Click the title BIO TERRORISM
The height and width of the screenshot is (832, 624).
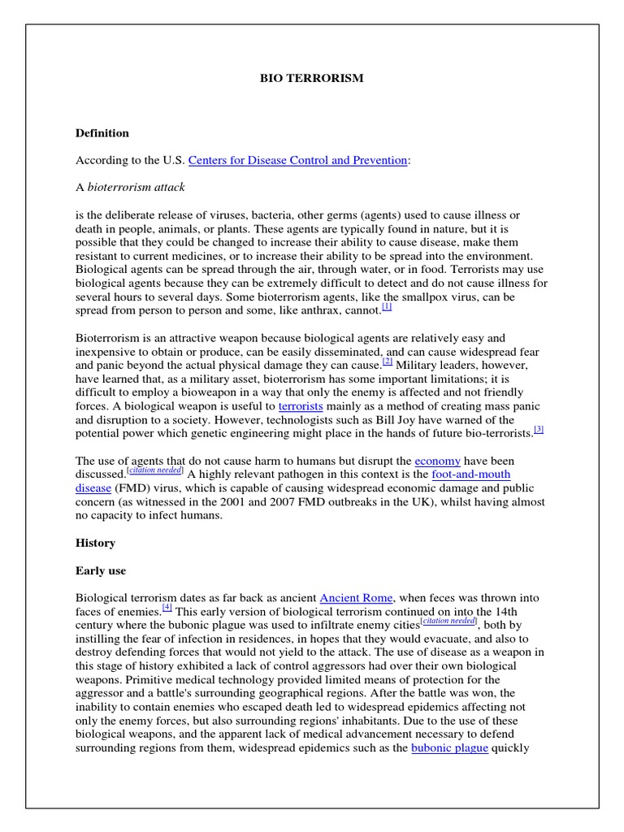[312, 79]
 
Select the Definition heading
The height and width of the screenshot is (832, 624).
[102, 133]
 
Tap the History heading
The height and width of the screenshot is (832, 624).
[95, 543]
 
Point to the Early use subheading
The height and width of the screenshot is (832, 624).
[101, 570]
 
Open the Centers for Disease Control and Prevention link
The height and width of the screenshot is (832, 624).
[297, 161]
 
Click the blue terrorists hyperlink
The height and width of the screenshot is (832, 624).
[301, 405]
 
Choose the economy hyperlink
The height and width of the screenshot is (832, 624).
[437, 460]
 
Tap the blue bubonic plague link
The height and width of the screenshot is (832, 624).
[449, 748]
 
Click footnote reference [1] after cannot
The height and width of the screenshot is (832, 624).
[387, 307]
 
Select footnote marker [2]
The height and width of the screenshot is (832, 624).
[388, 362]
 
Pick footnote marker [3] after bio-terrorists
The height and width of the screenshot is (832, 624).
[539, 430]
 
